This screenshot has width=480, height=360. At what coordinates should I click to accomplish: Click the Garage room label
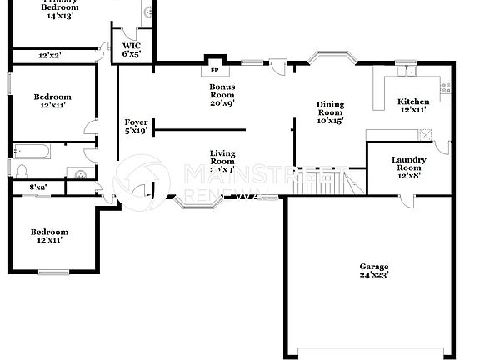[x=374, y=266]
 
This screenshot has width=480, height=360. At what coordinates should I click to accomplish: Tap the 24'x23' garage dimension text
[x=374, y=275]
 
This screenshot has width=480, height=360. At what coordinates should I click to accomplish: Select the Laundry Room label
[x=408, y=164]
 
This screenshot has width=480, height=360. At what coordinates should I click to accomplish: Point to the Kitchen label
[x=413, y=102]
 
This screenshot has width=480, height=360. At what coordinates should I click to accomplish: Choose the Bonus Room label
[x=222, y=91]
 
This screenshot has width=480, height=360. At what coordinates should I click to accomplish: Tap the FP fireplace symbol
[x=214, y=71]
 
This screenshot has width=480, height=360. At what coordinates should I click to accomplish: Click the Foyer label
[x=136, y=122]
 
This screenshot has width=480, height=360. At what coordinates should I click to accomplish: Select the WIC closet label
[x=132, y=46]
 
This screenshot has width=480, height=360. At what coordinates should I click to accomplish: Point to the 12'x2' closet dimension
[x=50, y=55]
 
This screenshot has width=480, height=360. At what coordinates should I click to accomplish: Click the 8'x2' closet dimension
[x=38, y=187]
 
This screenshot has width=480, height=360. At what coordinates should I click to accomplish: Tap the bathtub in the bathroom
[x=32, y=152]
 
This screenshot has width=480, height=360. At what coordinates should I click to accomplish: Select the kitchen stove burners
[x=445, y=85]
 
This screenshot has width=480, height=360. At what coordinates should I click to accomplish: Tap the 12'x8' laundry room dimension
[x=408, y=176]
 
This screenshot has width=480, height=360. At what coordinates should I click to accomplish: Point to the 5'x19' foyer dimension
[x=136, y=131]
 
